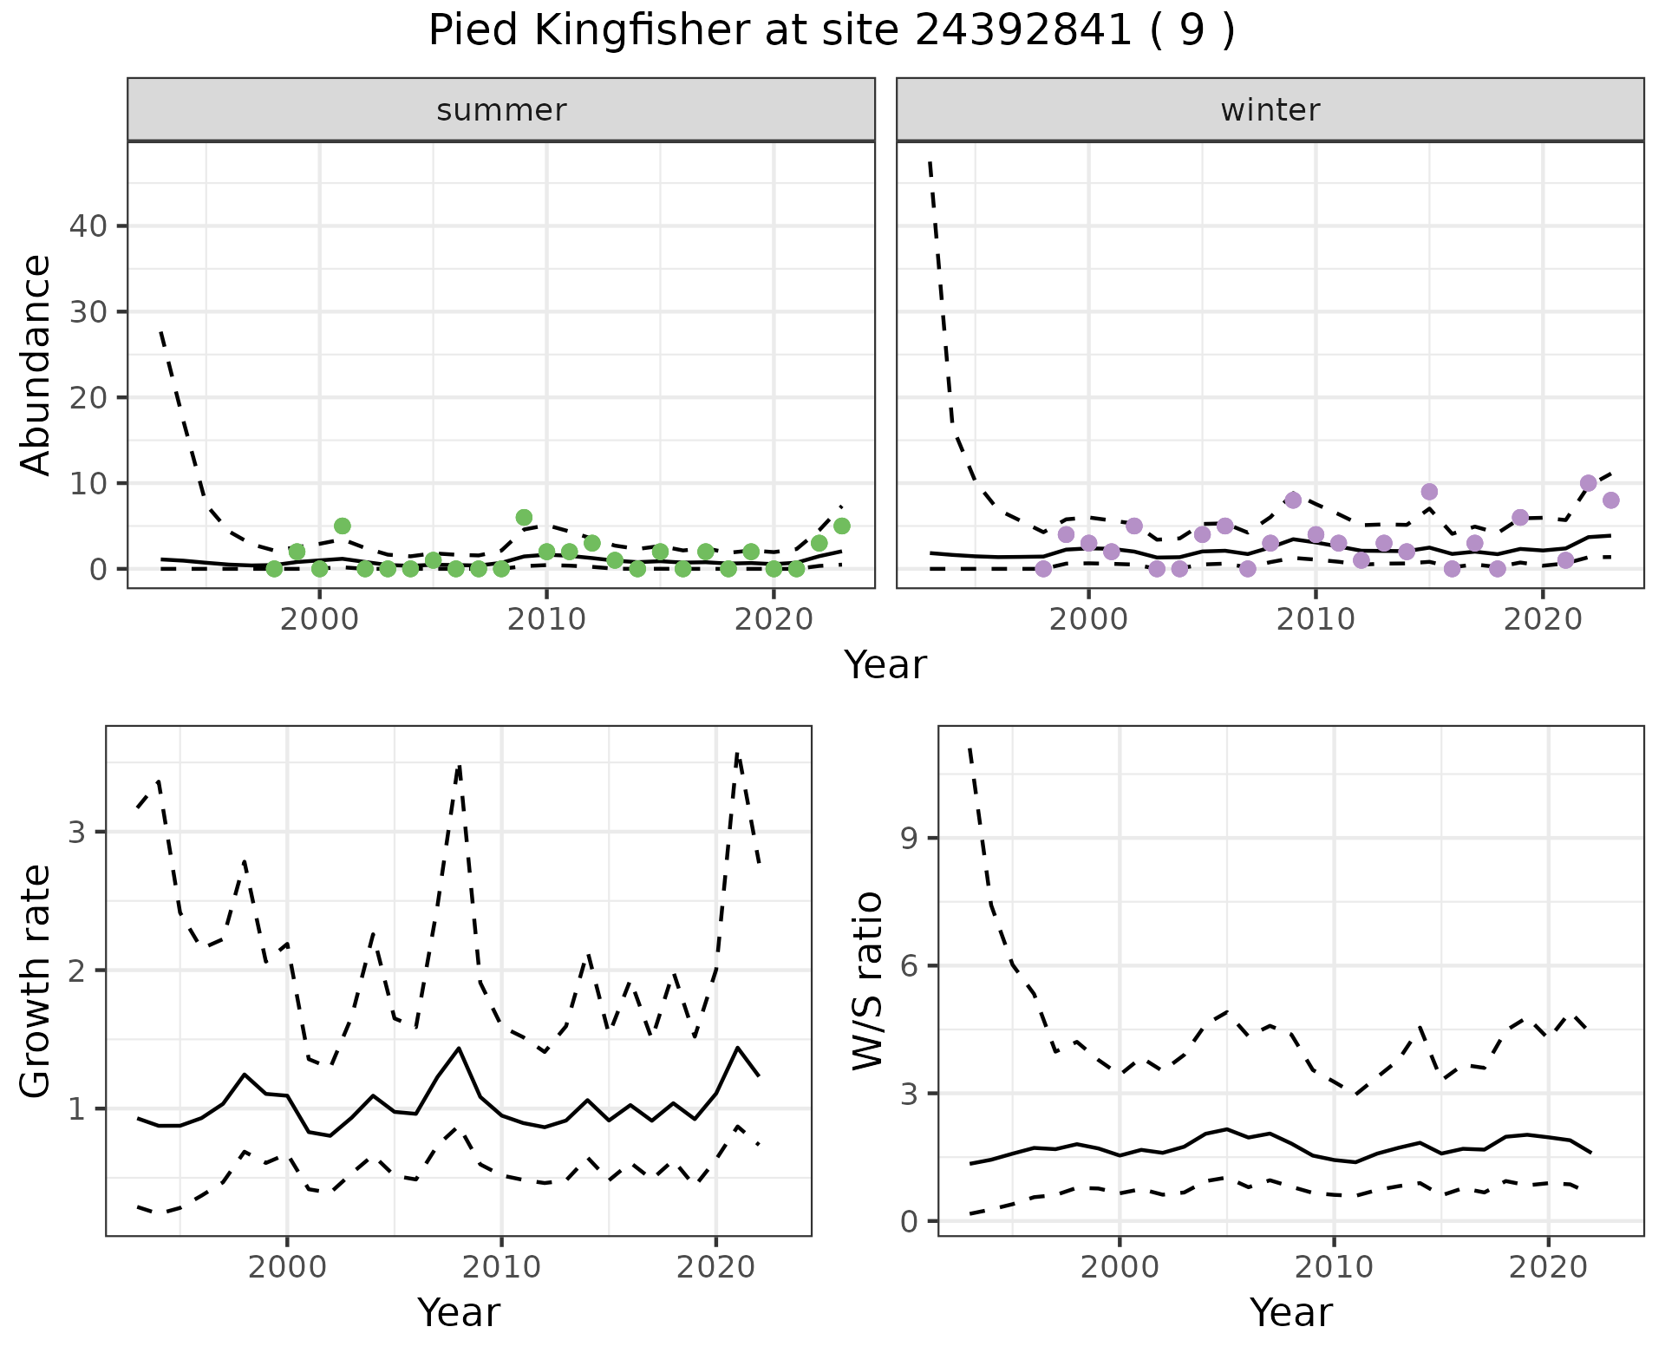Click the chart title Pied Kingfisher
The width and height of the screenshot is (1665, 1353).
coord(831,32)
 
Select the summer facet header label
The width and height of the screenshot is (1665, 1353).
coord(501,110)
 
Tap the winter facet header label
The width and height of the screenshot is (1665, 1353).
coord(1270,110)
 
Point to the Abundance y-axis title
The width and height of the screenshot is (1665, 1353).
coord(36,364)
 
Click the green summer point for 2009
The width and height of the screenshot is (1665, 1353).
coord(524,518)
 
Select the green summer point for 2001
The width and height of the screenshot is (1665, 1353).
coord(343,526)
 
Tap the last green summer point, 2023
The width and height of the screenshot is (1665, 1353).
coord(841,526)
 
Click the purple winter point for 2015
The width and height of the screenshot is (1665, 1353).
coord(1430,492)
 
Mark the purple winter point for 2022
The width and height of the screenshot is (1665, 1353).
coord(1589,483)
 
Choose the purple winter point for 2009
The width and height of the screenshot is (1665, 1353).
coord(1293,500)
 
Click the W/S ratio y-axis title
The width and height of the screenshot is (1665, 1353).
coord(868,981)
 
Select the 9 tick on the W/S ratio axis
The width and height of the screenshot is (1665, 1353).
coord(908,838)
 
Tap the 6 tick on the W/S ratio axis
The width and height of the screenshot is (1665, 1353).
coord(908,966)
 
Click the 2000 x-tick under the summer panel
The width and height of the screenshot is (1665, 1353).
coord(320,620)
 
